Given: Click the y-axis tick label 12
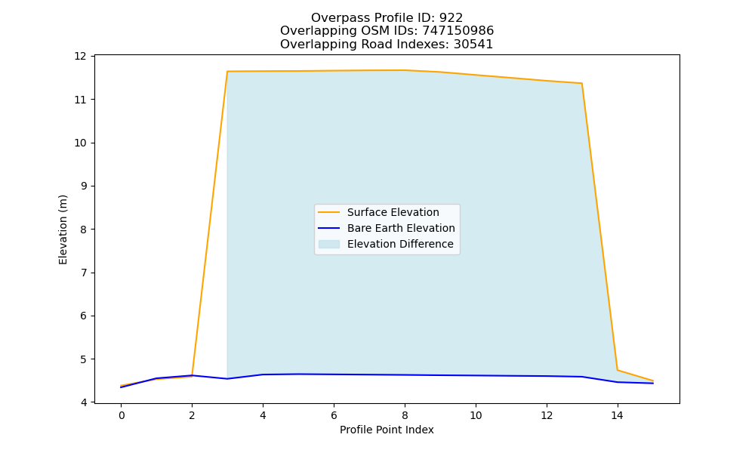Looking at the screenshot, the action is [x=80, y=57].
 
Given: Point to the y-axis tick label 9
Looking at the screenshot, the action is [x=83, y=186].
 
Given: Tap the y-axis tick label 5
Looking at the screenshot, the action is [x=83, y=359].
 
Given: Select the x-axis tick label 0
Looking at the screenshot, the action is [x=122, y=415].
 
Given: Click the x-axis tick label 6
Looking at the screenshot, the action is [x=334, y=415].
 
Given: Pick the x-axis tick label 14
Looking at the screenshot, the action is [x=617, y=415].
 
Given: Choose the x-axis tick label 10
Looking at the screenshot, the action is [x=475, y=415].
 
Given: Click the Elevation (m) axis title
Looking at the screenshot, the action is [x=63, y=230].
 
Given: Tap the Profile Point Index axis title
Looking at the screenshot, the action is [x=387, y=430].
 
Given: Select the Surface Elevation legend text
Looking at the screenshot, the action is [x=393, y=212].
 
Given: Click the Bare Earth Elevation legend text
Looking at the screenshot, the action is [x=401, y=228].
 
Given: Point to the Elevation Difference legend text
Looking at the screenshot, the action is [x=400, y=244].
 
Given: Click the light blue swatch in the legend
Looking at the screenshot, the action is [x=329, y=244].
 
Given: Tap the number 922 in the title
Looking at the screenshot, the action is [x=451, y=18].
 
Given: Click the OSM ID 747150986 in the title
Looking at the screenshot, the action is [x=458, y=31].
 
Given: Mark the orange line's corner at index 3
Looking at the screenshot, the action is [x=227, y=71].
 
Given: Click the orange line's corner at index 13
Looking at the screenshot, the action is [x=581, y=83].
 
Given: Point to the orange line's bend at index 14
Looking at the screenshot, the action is [x=618, y=370].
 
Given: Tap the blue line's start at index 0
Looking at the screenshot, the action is [x=122, y=387].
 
